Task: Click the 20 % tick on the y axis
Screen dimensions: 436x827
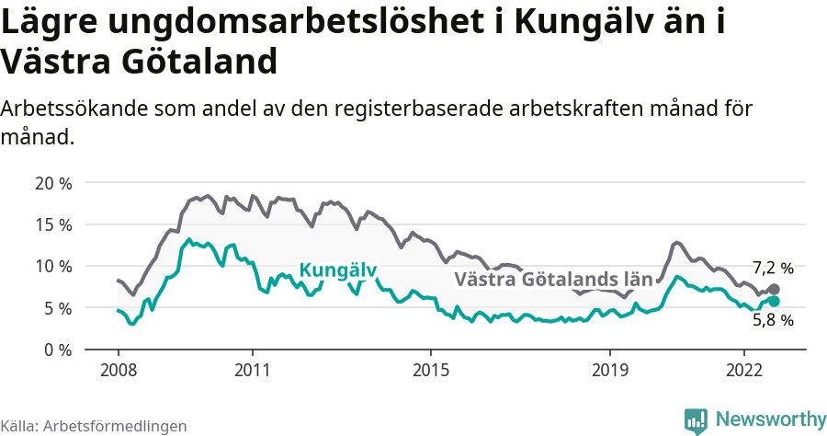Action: tap(53, 182)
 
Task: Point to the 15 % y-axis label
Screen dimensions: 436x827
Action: tap(53, 224)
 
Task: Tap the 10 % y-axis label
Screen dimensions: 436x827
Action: tap(53, 266)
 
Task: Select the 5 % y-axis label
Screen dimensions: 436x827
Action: tap(58, 308)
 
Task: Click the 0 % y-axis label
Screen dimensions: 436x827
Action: tap(58, 350)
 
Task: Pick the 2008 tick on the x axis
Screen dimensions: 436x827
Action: tap(119, 369)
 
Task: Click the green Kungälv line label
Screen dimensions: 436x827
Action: tap(338, 270)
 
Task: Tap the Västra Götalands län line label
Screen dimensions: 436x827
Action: tap(553, 279)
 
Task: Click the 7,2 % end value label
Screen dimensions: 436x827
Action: tap(772, 268)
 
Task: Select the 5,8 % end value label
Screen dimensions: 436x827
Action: tap(772, 321)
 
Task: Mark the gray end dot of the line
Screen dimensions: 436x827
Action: tap(775, 290)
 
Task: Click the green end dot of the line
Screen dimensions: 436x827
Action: tap(775, 301)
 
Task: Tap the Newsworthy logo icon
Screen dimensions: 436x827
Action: tap(696, 419)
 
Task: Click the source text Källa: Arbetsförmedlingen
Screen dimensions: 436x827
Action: tap(94, 426)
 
